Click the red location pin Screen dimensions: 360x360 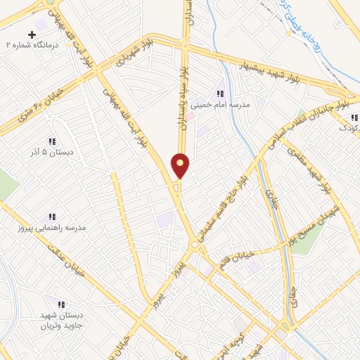point(181,165)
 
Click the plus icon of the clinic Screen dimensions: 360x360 point(32,34)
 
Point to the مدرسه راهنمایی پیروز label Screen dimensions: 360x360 point(52,229)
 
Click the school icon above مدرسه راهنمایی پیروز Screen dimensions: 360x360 point(51,217)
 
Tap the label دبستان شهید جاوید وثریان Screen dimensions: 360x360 point(60,321)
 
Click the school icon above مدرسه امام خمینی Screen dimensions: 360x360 point(220,94)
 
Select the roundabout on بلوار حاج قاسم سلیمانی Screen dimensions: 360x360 point(194,245)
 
